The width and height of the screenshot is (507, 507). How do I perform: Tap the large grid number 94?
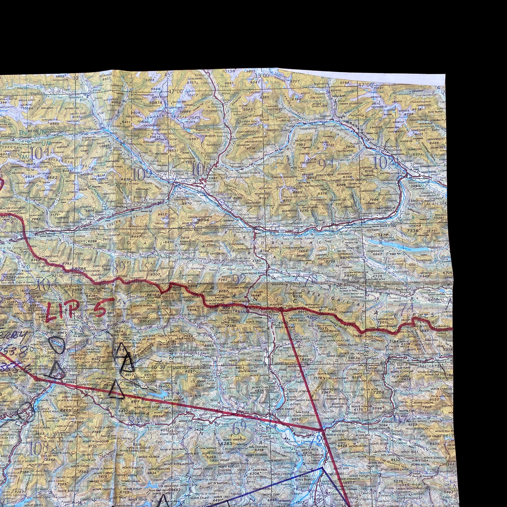pyautogui.click(x=326, y=164)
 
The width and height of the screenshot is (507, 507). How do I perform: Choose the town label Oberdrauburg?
pyautogui.click(x=243, y=232)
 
